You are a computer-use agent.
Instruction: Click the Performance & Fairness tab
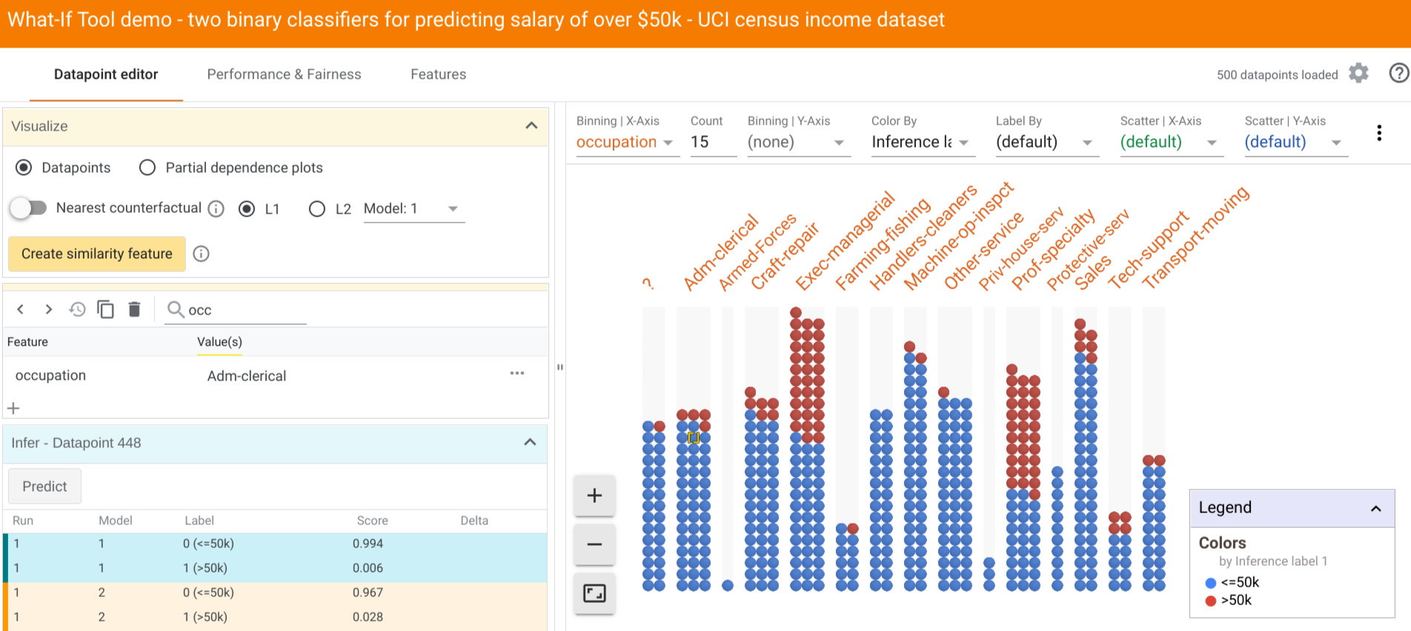284,74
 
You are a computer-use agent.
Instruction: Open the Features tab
438,74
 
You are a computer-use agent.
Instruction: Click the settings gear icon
1358,73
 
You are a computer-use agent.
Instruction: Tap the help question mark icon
1398,73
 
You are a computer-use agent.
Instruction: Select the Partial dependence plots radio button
147,168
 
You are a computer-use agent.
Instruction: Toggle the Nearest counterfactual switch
28,208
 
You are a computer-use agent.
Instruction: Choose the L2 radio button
317,209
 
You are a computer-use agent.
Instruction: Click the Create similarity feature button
97,254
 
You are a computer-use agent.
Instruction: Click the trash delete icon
134,309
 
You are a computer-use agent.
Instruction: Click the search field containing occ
245,310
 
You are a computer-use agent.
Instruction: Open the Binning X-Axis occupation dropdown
624,142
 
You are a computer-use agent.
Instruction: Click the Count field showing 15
711,142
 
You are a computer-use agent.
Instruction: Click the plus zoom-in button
594,495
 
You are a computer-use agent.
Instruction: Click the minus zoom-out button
594,544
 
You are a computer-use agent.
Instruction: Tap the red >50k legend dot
1211,601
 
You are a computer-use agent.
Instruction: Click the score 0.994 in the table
368,544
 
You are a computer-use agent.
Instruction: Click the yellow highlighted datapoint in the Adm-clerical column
694,437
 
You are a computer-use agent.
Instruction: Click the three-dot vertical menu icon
1378,133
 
